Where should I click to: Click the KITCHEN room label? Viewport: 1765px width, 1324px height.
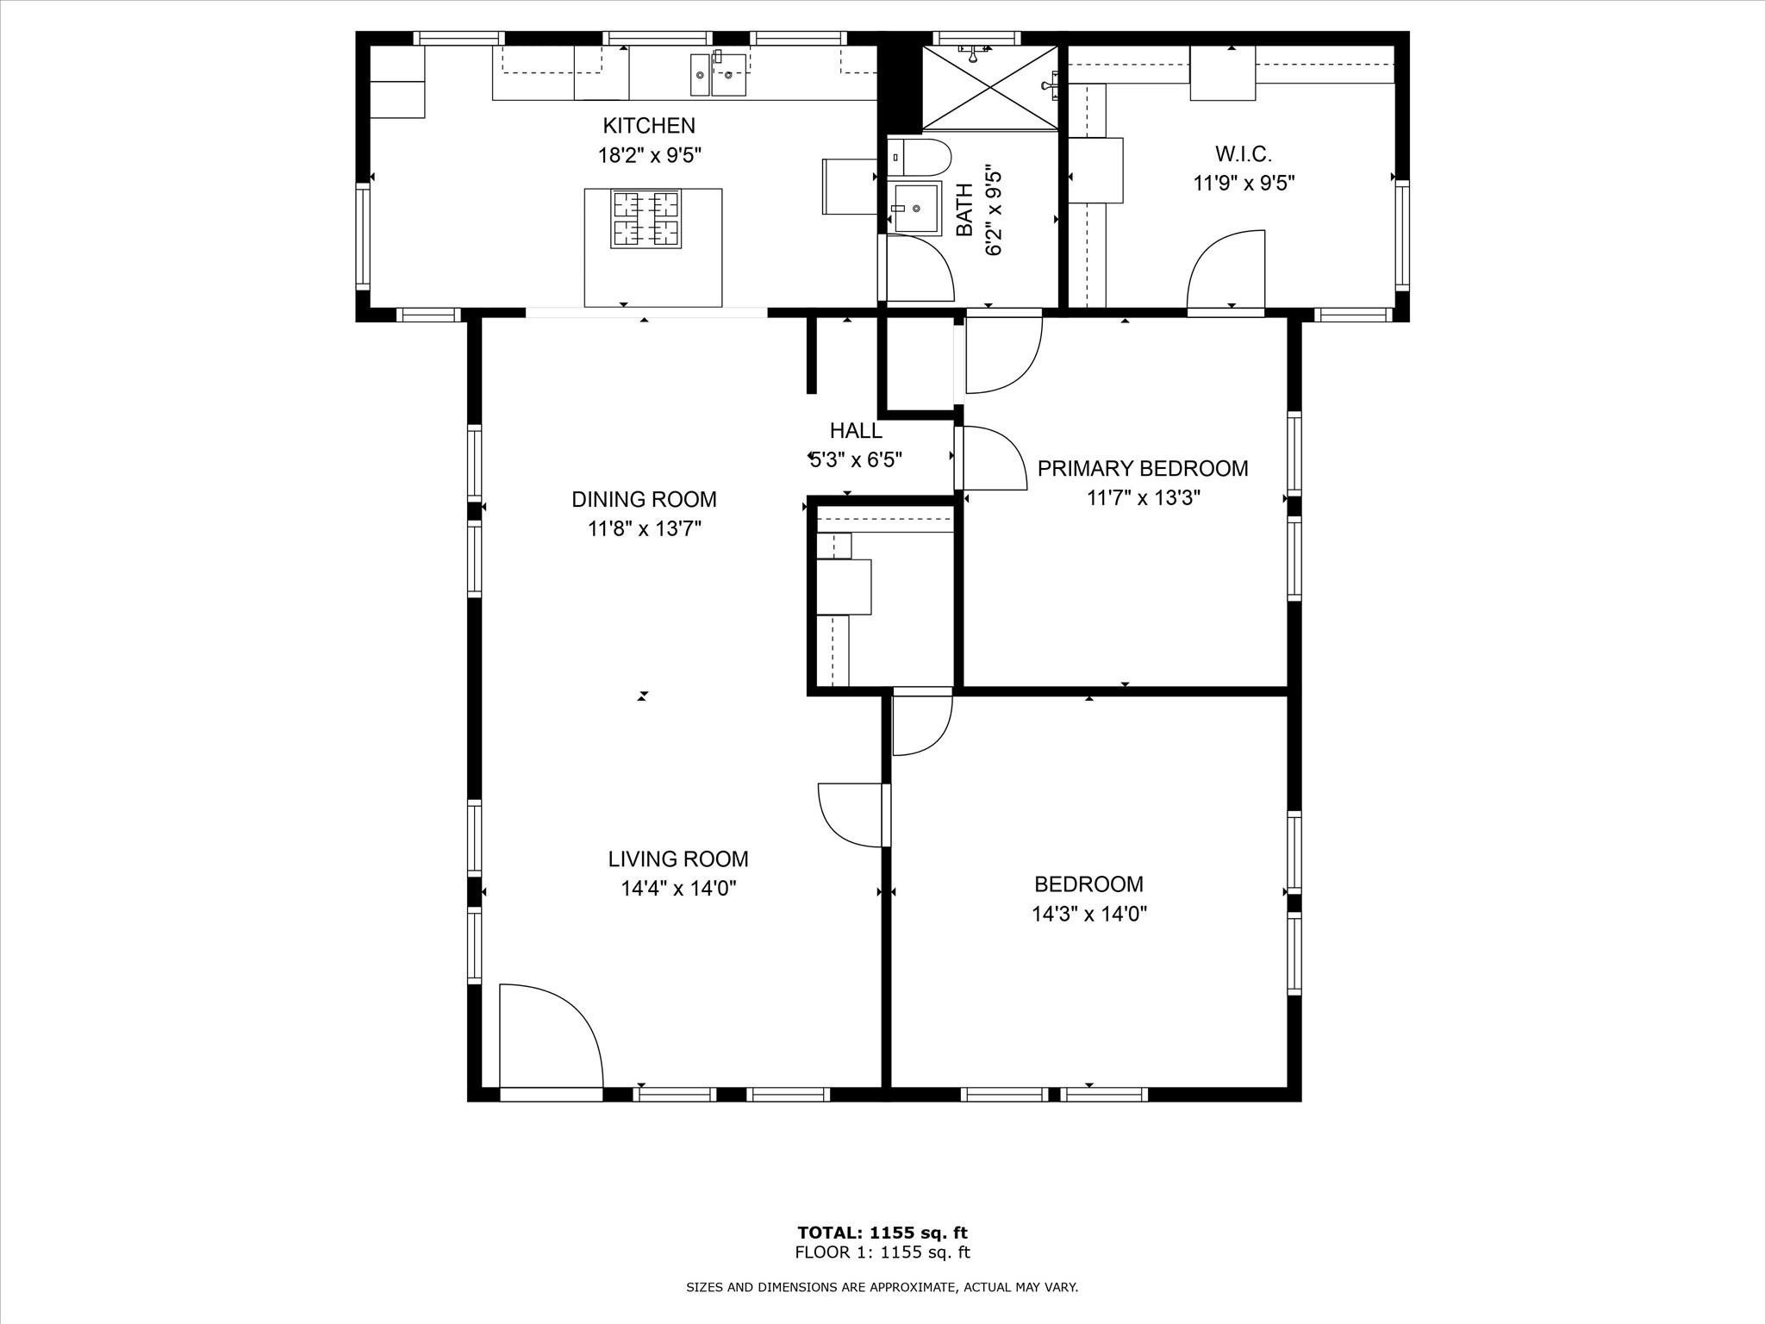click(648, 126)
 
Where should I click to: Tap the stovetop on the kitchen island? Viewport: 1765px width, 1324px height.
click(646, 219)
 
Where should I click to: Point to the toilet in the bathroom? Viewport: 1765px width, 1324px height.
click(919, 158)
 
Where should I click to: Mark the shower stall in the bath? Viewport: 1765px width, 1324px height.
click(989, 87)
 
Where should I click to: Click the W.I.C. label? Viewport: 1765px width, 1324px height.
click(1244, 154)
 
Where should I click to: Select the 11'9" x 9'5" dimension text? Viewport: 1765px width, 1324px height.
click(1244, 184)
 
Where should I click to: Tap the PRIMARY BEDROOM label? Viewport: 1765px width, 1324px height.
click(1143, 468)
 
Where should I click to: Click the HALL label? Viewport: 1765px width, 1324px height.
click(856, 430)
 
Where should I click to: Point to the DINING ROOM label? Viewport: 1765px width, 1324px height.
click(644, 499)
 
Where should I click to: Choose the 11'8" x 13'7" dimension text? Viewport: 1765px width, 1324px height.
click(645, 528)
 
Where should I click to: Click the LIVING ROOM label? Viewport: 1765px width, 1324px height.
click(678, 859)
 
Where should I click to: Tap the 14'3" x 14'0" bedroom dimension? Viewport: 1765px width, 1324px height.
click(1089, 913)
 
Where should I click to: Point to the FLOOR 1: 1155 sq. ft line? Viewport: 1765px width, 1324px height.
click(882, 1252)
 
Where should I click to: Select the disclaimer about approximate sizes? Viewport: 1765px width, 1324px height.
click(882, 1288)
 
